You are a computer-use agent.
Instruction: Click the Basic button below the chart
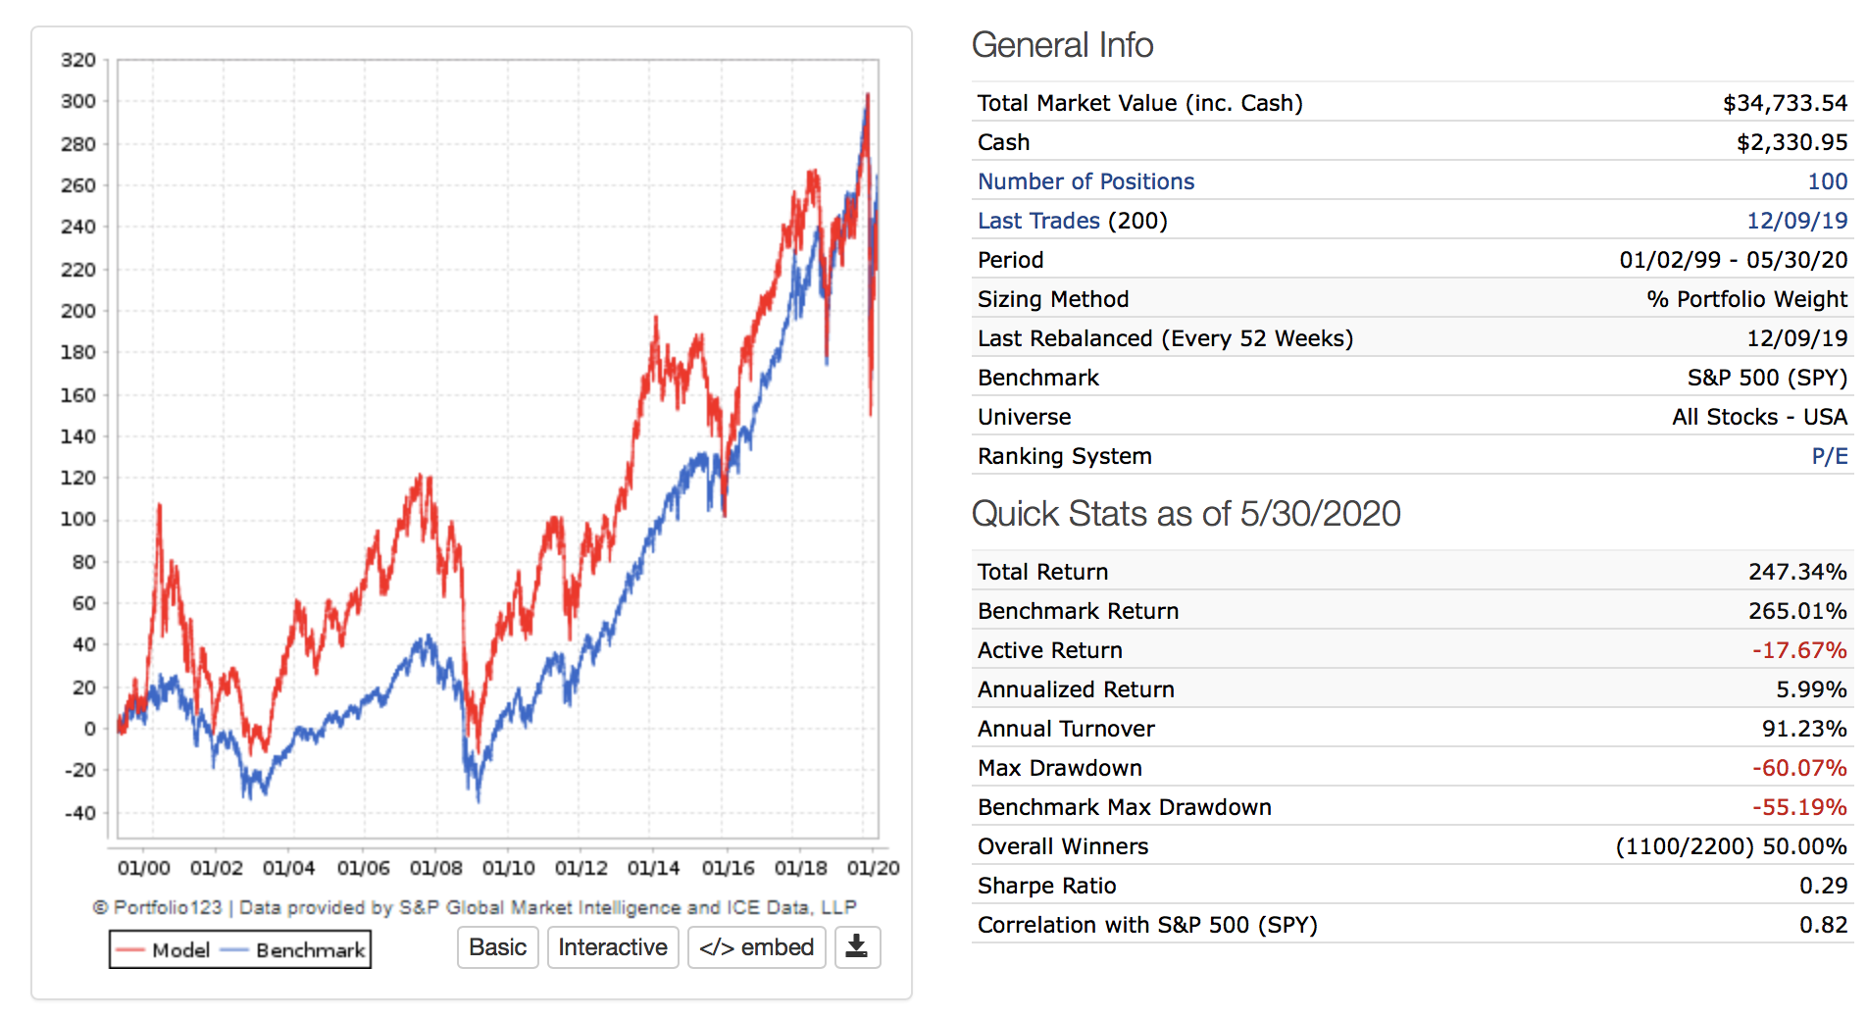click(x=497, y=947)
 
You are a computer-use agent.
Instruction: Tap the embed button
click(x=756, y=947)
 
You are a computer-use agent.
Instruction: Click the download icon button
click(x=857, y=947)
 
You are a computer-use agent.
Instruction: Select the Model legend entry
click(x=163, y=950)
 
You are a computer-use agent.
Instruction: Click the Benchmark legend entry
click(x=294, y=950)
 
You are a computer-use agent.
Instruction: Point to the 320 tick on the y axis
click(x=78, y=60)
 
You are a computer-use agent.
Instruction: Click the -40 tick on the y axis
click(x=79, y=813)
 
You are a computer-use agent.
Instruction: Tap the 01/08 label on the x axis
click(x=435, y=869)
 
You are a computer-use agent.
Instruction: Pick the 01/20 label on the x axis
click(x=873, y=869)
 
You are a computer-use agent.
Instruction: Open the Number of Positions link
click(x=1085, y=181)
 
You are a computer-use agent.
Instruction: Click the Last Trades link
click(x=1038, y=221)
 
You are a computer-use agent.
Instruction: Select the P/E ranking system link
click(x=1829, y=456)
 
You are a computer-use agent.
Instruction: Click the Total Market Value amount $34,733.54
click(x=1785, y=103)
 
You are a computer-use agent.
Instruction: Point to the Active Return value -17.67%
click(x=1799, y=650)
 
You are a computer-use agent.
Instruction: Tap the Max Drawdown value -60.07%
click(x=1799, y=768)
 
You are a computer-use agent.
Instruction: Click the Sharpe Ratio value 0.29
click(x=1823, y=886)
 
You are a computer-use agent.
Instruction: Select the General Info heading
click(x=1062, y=45)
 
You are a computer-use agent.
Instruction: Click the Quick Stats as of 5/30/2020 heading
click(x=1186, y=514)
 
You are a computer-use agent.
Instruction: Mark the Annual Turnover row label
click(x=1066, y=729)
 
